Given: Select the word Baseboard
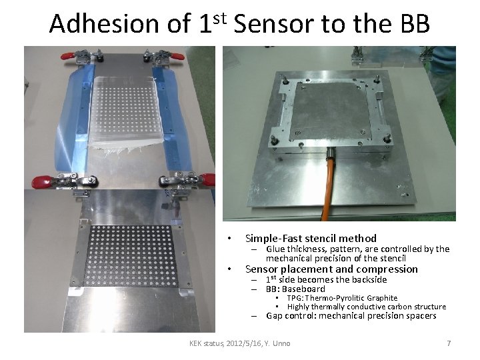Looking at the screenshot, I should [304, 289].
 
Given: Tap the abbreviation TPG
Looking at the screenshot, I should [295, 298].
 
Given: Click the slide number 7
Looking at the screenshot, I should [449, 343].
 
